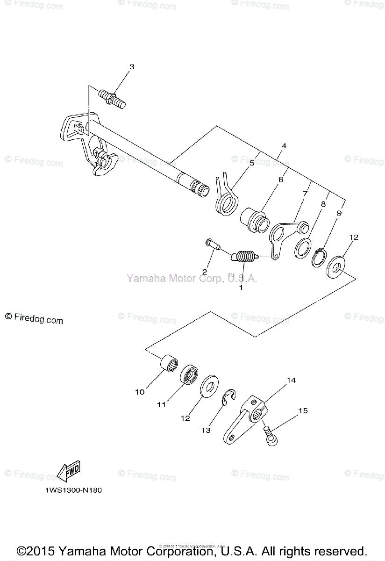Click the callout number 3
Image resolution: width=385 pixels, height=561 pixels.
[132, 67]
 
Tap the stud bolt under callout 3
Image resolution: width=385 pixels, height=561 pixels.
[112, 99]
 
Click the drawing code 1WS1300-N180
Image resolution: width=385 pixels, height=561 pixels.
[74, 490]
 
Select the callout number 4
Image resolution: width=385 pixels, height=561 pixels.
[284, 146]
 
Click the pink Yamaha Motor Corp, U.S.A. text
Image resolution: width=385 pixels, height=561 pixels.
[192, 279]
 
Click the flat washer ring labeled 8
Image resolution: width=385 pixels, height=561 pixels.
[302, 247]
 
